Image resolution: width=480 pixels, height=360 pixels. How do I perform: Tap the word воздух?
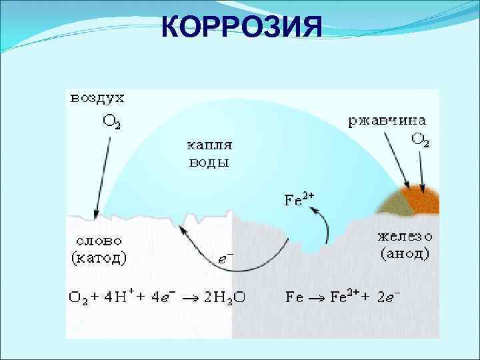(x=97, y=99)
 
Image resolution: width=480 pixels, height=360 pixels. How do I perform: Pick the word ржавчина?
(x=389, y=122)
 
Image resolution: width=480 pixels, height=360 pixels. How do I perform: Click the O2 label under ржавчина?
(x=420, y=139)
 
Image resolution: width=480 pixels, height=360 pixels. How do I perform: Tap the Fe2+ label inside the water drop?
(x=299, y=199)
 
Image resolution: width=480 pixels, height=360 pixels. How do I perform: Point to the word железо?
(x=405, y=237)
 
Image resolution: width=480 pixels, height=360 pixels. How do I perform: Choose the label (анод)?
(x=405, y=254)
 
